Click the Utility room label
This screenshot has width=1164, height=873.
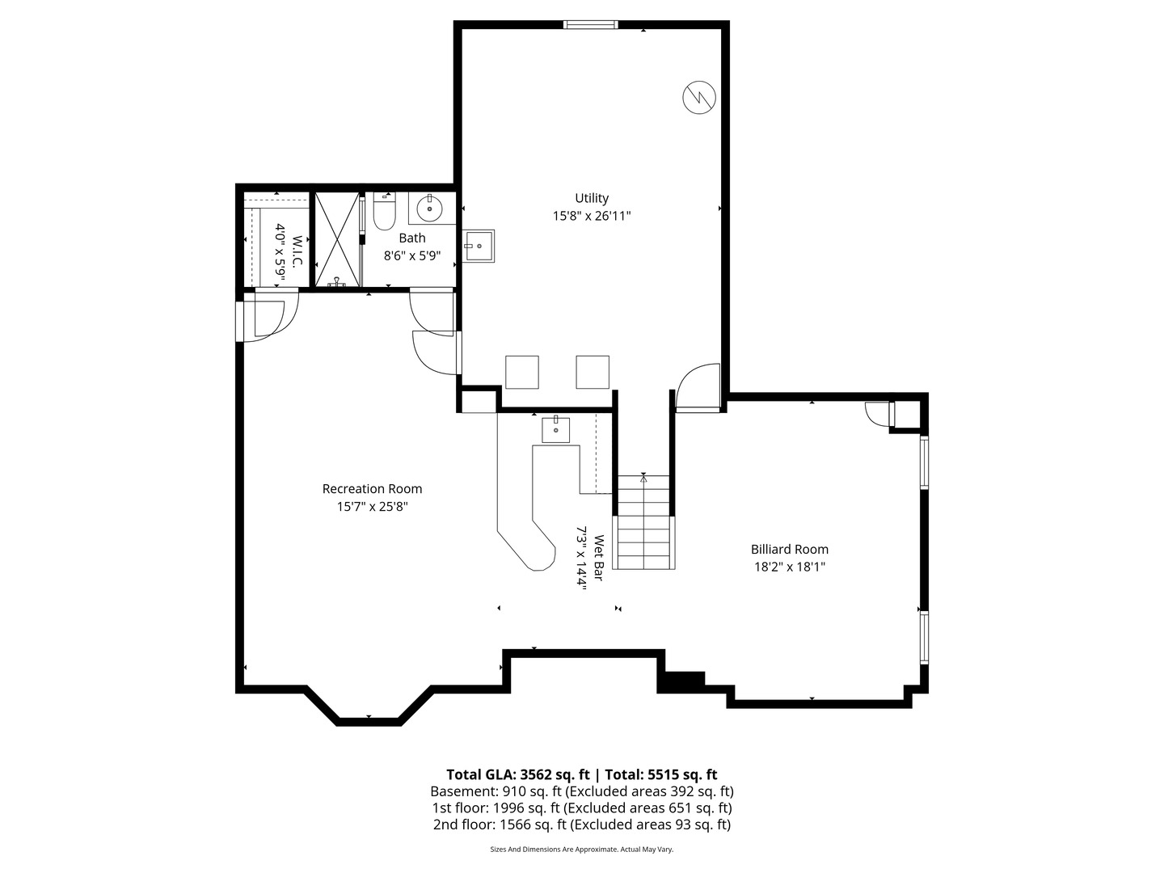point(591,198)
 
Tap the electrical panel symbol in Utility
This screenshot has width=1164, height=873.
point(698,98)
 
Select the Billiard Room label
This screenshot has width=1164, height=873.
point(789,550)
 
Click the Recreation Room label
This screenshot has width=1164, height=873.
point(372,489)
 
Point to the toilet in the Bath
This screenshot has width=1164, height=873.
point(383,213)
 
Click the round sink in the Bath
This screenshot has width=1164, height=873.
point(429,208)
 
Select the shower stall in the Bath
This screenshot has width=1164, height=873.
point(335,239)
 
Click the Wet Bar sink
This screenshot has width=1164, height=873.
point(556,429)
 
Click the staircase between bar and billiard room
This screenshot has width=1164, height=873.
point(643,522)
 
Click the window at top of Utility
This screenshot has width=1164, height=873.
point(591,25)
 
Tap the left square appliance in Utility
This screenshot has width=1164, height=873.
point(521,372)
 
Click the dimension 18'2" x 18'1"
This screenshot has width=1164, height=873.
point(789,567)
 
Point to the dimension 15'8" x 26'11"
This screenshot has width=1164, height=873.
point(591,216)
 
